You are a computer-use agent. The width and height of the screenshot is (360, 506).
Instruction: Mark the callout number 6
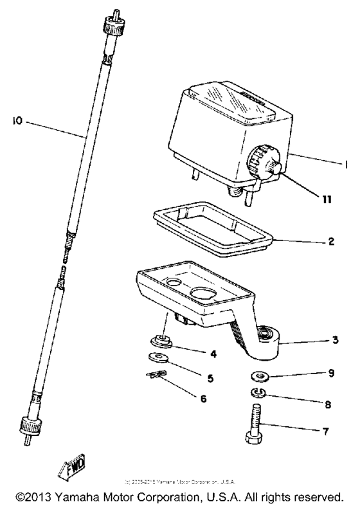coord(204,399)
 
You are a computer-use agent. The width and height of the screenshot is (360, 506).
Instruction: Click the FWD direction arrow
coord(77,464)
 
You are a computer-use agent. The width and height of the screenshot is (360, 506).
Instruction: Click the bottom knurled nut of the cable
coord(32,425)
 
